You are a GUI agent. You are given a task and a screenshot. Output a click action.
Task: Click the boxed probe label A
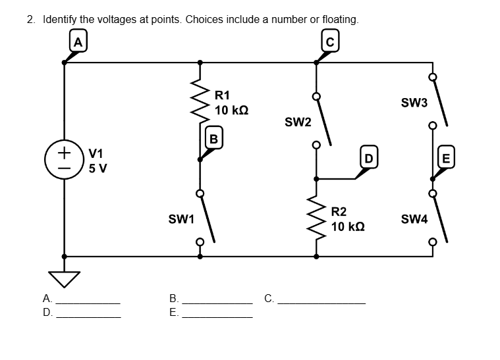tap(78, 41)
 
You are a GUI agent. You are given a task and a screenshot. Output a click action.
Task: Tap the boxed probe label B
tap(213, 138)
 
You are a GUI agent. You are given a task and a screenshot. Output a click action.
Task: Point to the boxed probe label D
tap(369, 157)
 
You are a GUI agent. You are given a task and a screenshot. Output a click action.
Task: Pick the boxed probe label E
tap(446, 157)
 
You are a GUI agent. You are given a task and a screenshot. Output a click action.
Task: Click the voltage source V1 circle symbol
tap(64, 159)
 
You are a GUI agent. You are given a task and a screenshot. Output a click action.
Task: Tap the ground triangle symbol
tap(64, 279)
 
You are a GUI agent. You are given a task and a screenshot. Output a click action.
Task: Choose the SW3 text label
tap(414, 103)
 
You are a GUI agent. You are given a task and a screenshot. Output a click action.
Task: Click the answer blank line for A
tap(89, 302)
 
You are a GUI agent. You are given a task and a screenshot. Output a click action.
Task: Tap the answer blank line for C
tap(321, 302)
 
